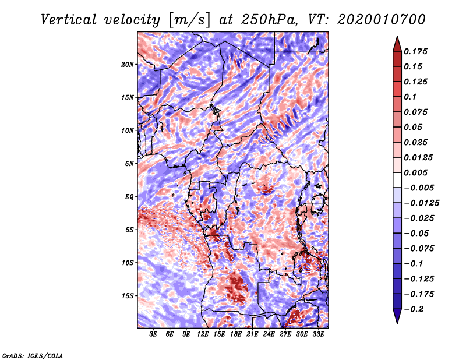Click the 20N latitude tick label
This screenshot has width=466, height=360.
click(x=128, y=65)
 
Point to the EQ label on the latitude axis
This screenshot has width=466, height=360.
click(x=129, y=197)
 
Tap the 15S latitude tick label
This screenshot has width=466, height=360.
click(x=128, y=296)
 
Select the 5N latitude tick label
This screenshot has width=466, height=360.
click(x=129, y=164)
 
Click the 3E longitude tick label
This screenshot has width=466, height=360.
click(x=153, y=334)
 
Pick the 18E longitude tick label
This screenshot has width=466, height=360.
click(x=236, y=334)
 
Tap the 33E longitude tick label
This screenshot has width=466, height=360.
click(x=318, y=334)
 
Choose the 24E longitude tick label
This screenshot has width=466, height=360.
click(x=269, y=334)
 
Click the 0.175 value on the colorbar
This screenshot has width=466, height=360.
click(x=415, y=51)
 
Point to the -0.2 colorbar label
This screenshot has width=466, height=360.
click(x=414, y=309)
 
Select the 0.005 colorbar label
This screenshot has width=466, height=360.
click(x=415, y=172)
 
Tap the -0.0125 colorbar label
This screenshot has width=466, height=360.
click(x=421, y=203)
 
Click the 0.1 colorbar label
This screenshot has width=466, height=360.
click(x=410, y=97)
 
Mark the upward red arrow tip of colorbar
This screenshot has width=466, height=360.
click(x=397, y=36)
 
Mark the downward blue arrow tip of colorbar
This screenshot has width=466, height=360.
click(x=397, y=323)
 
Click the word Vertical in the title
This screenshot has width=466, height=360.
click(x=69, y=20)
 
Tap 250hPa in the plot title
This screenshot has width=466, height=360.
click(x=269, y=20)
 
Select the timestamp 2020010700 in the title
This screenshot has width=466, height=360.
click(x=382, y=20)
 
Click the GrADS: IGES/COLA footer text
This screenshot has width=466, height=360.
click(x=33, y=356)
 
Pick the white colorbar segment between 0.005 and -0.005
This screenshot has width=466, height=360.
click(x=397, y=180)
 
